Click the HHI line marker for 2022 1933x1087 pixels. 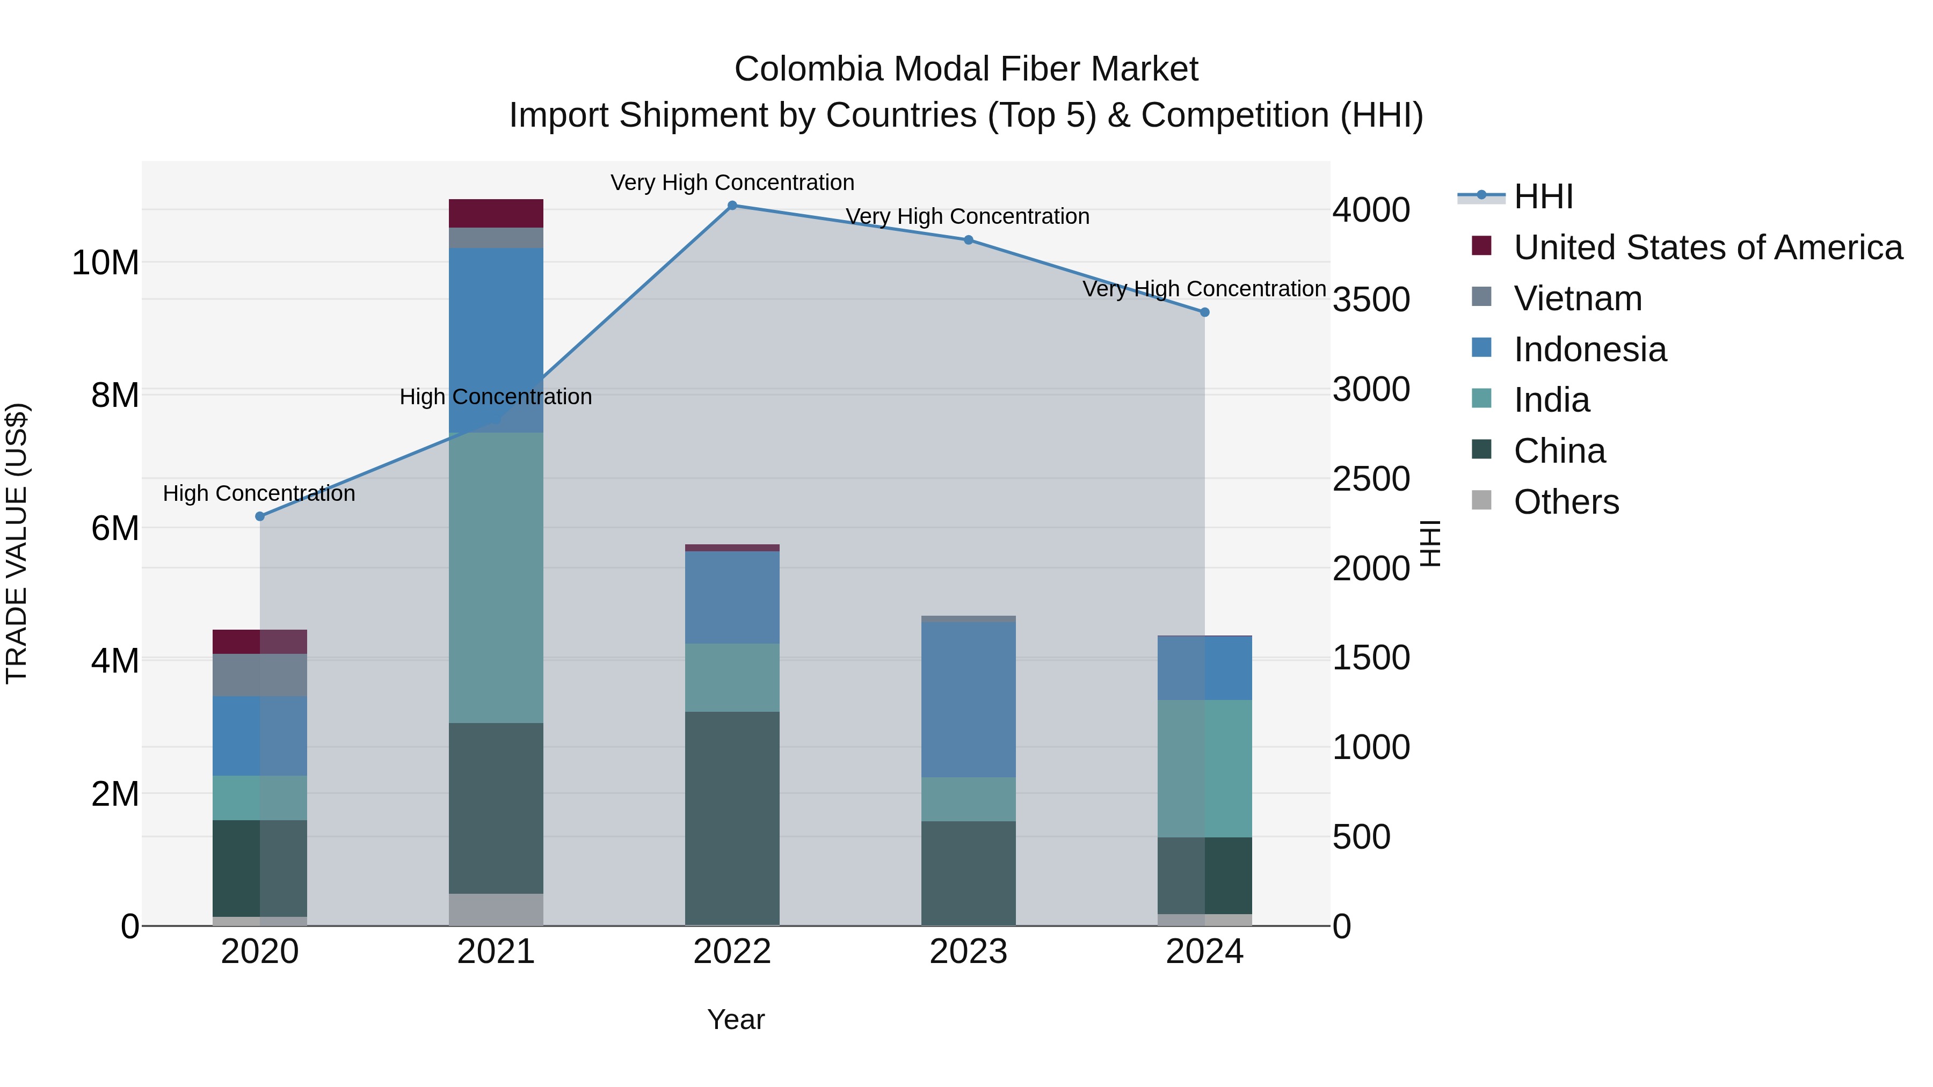[732, 206]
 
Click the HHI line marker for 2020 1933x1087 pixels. [260, 516]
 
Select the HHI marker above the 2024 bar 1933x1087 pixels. [1204, 312]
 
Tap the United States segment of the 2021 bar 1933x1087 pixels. [496, 213]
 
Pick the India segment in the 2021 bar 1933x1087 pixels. [496, 578]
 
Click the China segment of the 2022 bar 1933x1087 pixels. [732, 818]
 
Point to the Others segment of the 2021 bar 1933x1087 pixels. [496, 909]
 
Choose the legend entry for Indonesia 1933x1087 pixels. [1589, 349]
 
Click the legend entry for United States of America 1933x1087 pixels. [1707, 247]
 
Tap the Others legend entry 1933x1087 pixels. [1566, 502]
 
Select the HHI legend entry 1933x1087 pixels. [1543, 196]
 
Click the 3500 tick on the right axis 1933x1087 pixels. [1370, 300]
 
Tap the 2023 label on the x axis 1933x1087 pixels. [968, 952]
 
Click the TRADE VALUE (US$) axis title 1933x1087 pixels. [17, 543]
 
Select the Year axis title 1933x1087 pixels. [736, 1019]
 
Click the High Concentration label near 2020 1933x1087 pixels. [259, 494]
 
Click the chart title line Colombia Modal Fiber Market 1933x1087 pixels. [966, 69]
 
